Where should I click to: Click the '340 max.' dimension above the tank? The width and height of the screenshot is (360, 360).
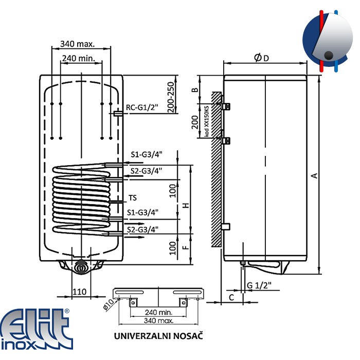click(77, 44)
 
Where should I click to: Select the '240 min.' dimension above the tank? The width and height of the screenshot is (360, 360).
click(79, 58)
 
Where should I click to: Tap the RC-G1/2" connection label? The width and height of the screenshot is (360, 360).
click(142, 107)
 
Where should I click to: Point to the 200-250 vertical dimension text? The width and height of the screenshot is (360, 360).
click(171, 97)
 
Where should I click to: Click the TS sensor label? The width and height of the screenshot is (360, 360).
click(133, 197)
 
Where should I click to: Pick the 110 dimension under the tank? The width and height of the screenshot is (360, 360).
click(79, 292)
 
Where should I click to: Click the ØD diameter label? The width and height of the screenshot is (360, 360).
click(261, 58)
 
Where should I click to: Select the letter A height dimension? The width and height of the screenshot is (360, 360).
click(314, 176)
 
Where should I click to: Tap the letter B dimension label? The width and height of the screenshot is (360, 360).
click(195, 90)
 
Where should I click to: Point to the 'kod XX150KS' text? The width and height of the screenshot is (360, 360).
click(207, 121)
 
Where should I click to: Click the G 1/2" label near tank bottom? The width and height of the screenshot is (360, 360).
click(259, 285)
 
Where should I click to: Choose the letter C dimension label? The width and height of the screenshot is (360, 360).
click(231, 298)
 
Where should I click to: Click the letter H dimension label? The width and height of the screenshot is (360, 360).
click(186, 205)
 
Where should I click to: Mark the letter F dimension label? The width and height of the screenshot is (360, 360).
click(186, 247)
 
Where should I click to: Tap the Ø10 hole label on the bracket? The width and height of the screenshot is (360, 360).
click(108, 305)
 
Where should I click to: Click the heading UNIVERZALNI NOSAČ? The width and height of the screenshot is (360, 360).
click(158, 336)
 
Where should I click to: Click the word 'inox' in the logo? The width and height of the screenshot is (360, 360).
click(19, 345)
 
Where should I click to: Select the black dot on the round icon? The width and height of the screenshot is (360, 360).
click(329, 56)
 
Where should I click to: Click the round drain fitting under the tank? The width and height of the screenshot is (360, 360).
click(81, 267)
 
